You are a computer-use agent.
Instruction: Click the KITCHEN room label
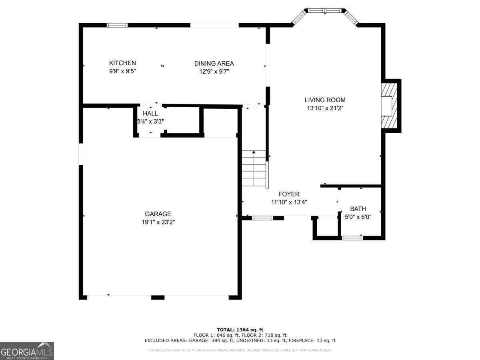122,63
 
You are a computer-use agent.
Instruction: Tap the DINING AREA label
214,63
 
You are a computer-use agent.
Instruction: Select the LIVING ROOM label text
325,100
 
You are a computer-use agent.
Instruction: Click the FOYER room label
289,194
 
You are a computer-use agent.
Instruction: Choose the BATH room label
358,209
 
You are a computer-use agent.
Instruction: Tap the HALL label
150,114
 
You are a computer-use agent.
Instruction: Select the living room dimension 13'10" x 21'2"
325,108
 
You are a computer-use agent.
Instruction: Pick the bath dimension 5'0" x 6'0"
358,217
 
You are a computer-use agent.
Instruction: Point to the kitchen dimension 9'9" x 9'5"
122,72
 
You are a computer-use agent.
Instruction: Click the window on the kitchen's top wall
117,25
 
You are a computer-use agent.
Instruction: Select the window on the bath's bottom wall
352,238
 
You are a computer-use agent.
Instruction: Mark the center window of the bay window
324,10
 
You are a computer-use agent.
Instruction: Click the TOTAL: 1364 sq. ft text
240,329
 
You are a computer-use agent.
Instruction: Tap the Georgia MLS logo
27,351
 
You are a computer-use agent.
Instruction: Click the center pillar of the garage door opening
158,297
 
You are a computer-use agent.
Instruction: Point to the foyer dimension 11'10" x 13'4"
289,202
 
